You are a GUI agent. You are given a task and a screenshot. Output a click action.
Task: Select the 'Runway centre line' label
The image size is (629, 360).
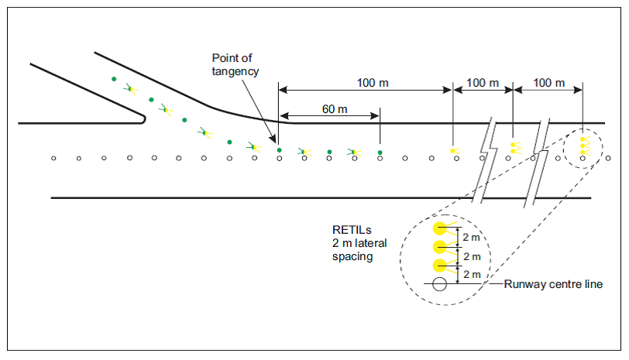click(553, 284)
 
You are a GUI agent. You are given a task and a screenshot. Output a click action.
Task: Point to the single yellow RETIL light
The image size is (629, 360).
click(452, 149)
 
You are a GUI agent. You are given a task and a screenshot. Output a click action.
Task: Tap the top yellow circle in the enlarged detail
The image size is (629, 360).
click(439, 228)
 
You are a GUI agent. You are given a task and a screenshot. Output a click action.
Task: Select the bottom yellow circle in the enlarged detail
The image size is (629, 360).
click(439, 266)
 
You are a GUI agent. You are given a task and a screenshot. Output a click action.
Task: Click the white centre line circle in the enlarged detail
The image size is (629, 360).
click(439, 284)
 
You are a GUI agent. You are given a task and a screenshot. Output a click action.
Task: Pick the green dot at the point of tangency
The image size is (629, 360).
click(279, 149)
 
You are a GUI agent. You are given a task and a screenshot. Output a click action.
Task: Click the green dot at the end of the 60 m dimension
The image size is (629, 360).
click(380, 153)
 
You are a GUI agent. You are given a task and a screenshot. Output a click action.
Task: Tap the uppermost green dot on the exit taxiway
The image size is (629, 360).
click(114, 79)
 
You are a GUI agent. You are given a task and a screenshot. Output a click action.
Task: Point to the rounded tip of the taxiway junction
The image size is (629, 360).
click(143, 118)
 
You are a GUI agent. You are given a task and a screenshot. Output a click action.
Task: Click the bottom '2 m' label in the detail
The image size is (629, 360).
click(471, 274)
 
